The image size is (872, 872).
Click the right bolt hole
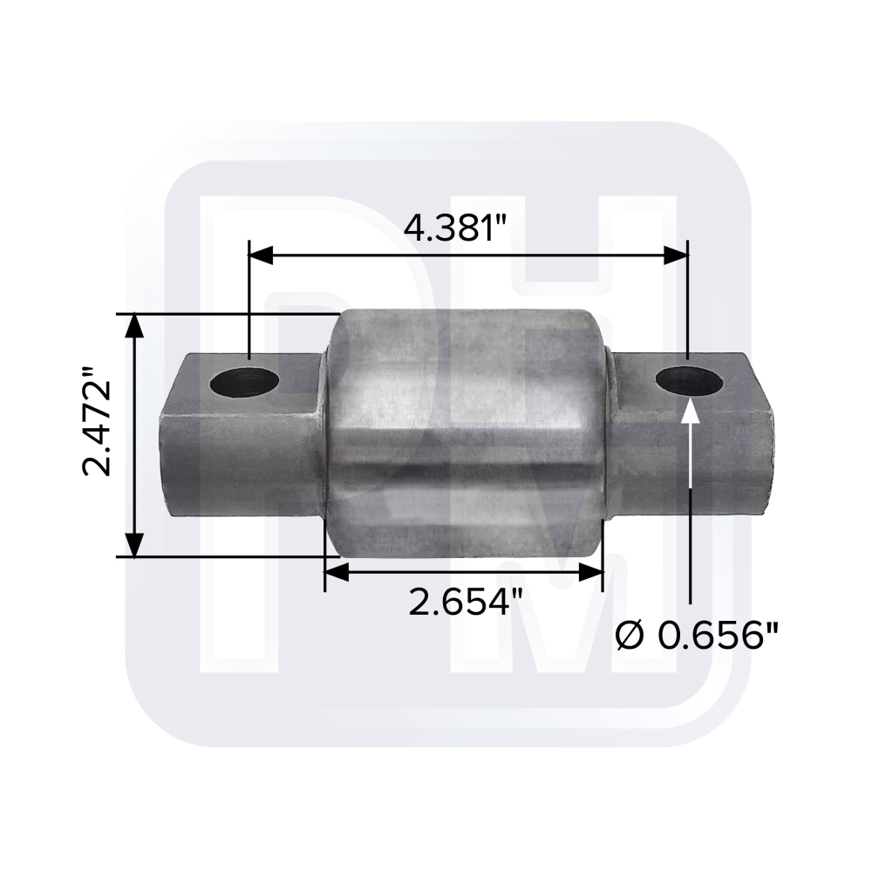coord(688,380)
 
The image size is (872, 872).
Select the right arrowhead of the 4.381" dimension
coord(676,255)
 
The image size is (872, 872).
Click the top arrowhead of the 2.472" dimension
coord(133,325)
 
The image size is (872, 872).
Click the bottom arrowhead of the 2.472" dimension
coord(133,545)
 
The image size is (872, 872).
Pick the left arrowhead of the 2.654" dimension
coord(337,573)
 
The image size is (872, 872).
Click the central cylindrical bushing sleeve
coord(467,436)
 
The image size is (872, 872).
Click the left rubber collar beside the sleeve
coord(324,436)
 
